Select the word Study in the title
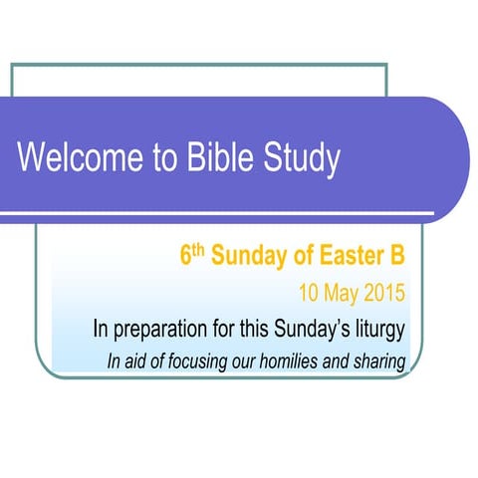click(x=300, y=159)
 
